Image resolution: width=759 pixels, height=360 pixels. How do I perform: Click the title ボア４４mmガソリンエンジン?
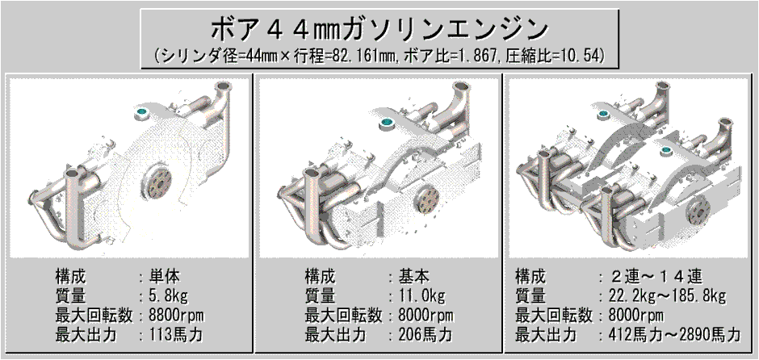[379, 30]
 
